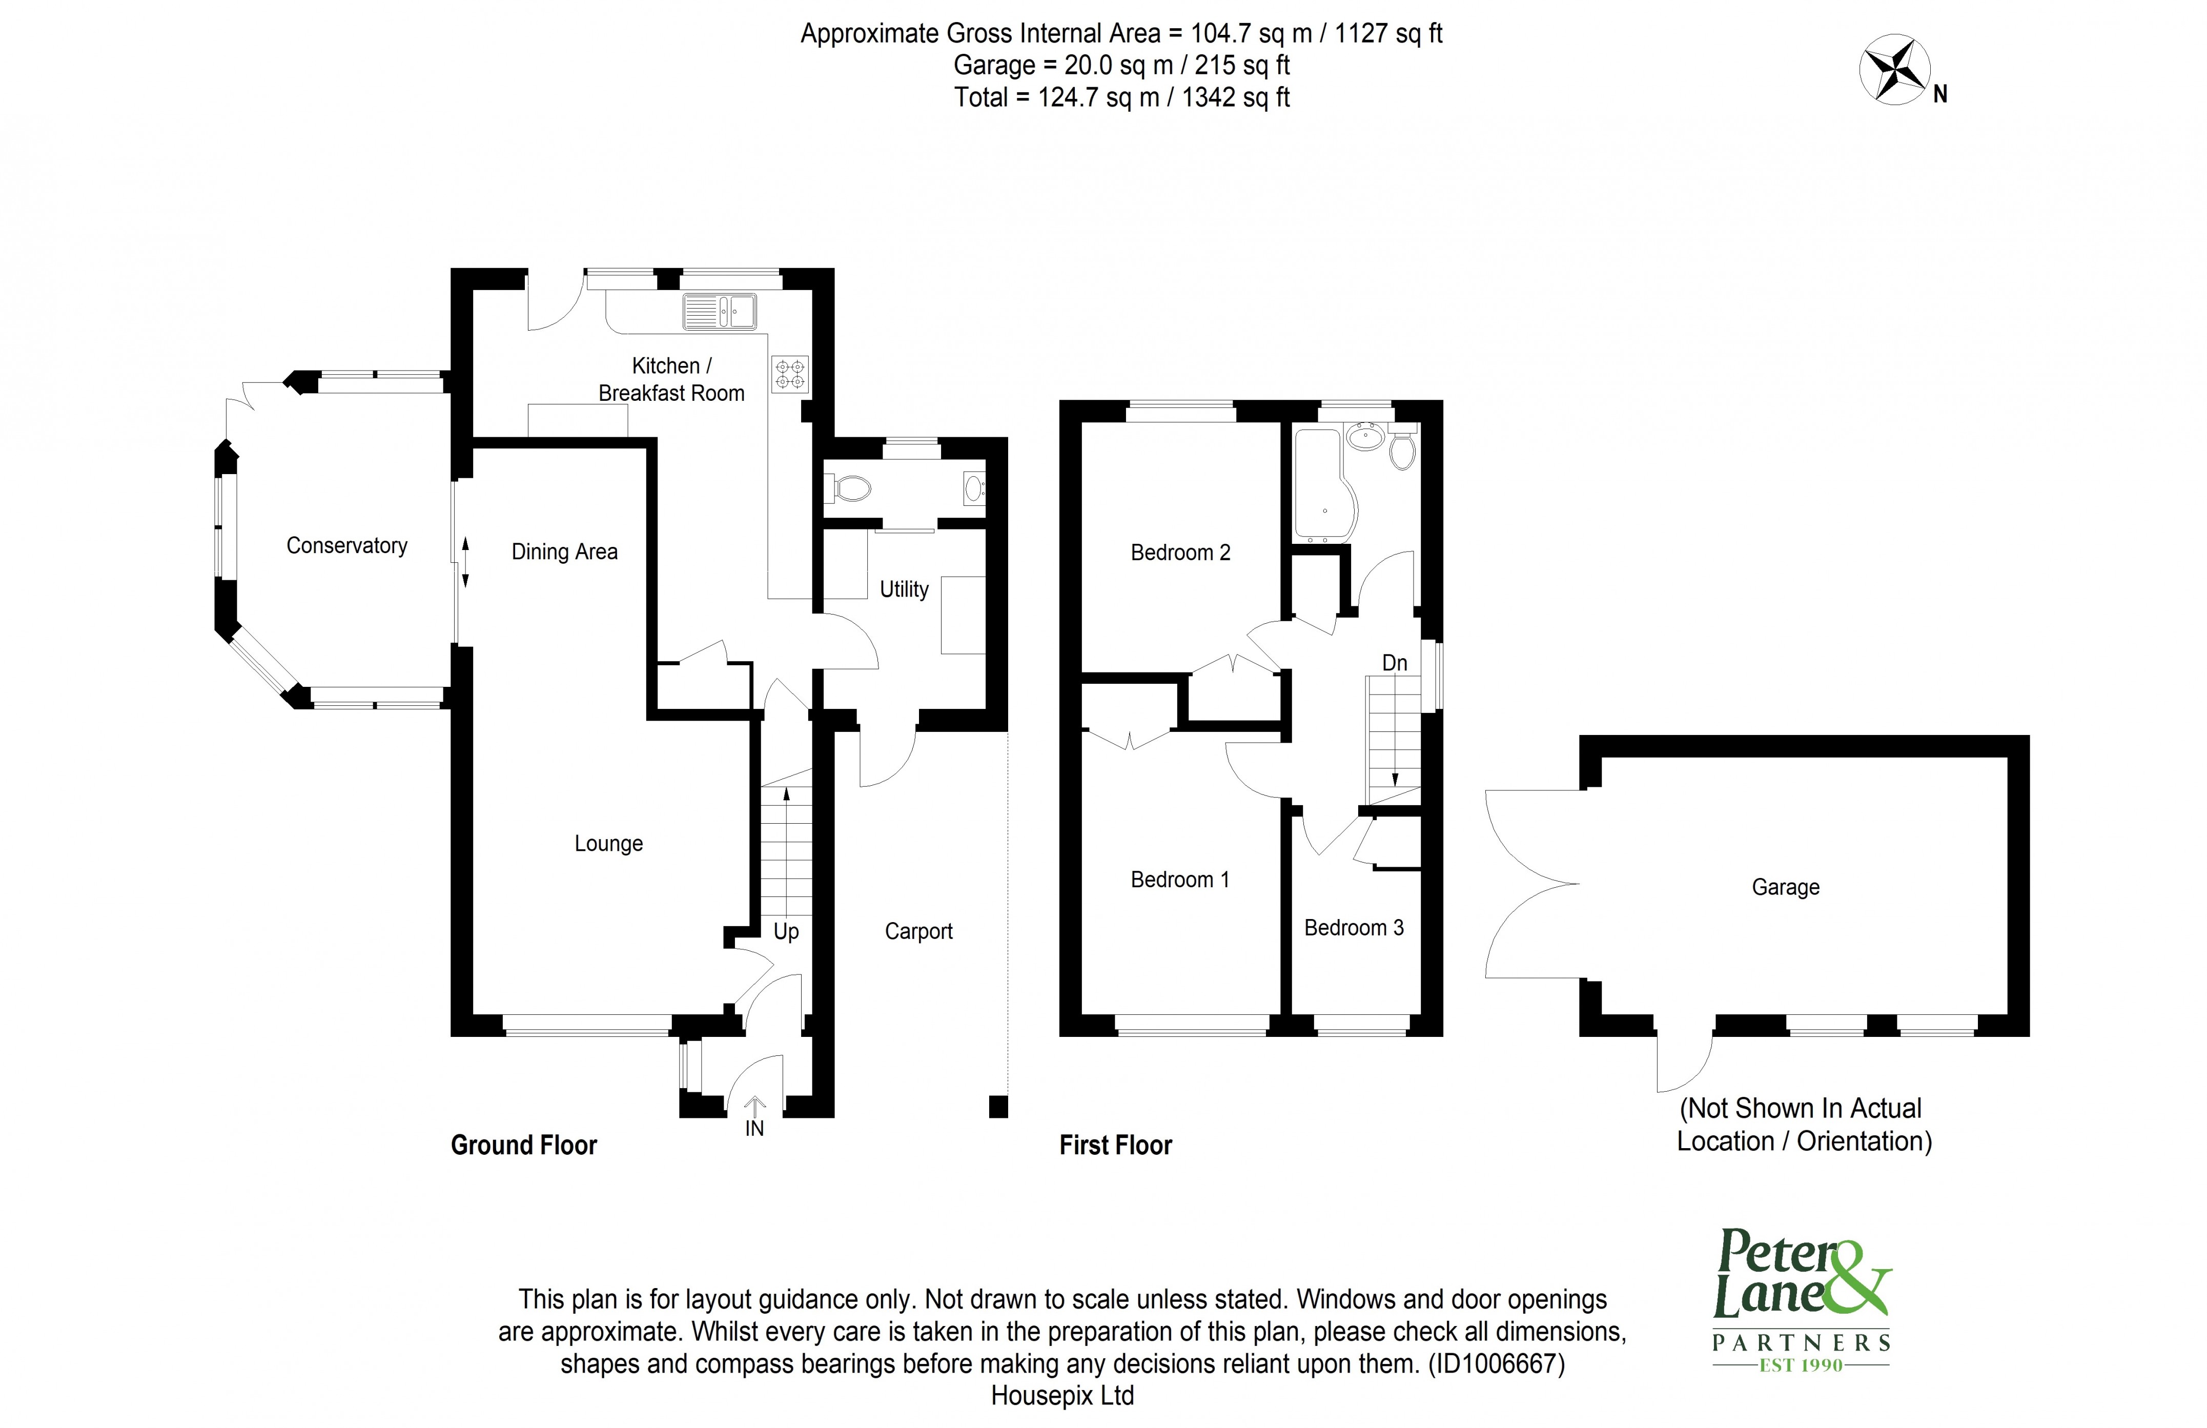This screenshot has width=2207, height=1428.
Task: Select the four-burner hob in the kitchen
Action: click(x=790, y=374)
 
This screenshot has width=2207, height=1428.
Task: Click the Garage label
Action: click(x=1785, y=887)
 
